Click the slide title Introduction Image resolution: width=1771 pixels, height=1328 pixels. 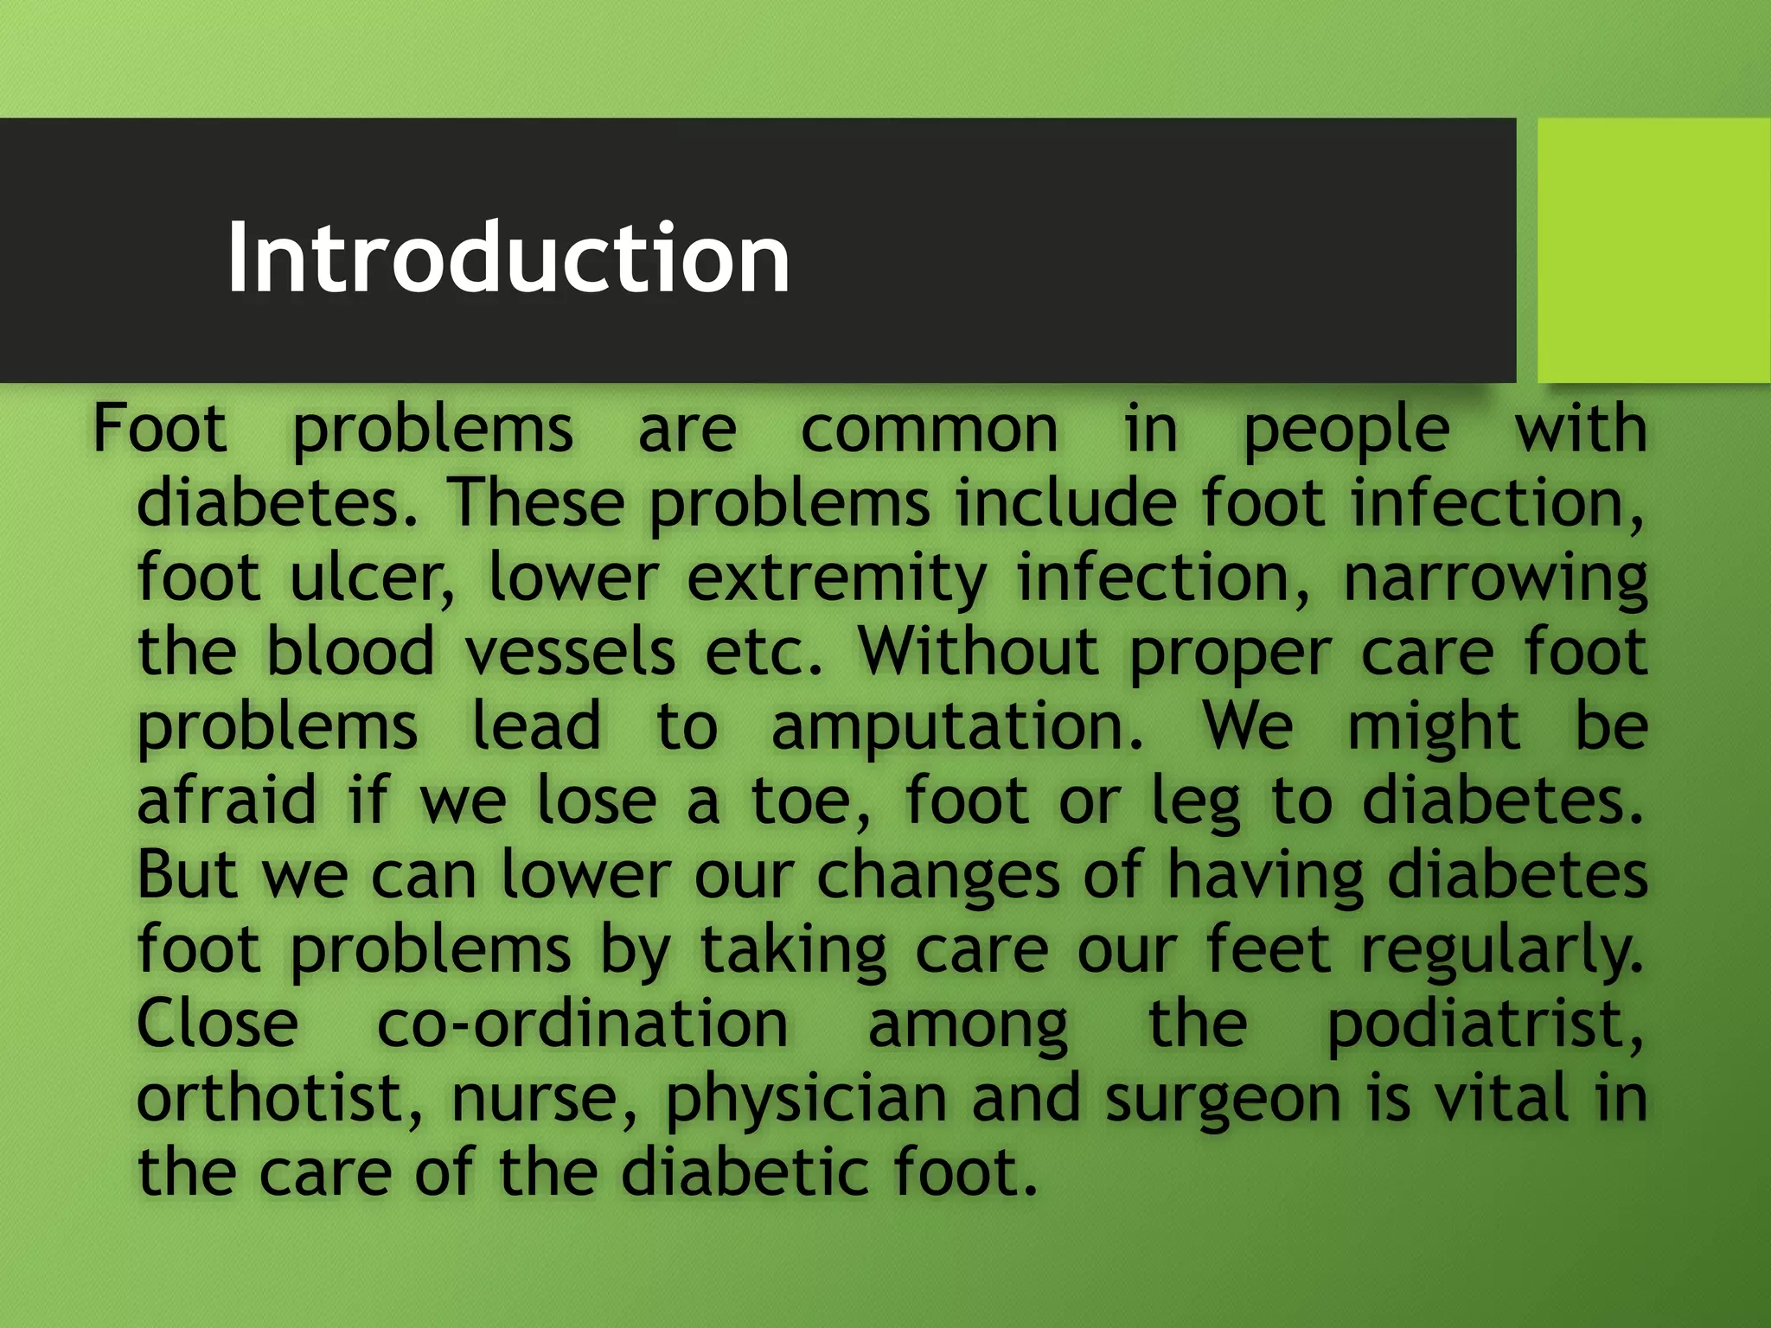pos(508,258)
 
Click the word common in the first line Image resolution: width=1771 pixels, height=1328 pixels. pos(929,429)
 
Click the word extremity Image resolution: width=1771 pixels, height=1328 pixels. pos(836,579)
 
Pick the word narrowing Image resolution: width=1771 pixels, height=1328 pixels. pos(1495,579)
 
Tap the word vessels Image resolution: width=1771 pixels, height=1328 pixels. pos(570,652)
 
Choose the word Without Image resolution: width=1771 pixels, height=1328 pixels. pos(978,652)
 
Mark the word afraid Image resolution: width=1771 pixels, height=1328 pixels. pos(227,801)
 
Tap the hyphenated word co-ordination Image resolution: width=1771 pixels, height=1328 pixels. pos(582,1024)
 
